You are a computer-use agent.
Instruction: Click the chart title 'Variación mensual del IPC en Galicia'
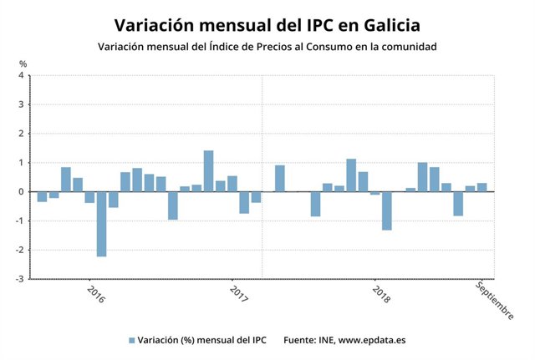267,23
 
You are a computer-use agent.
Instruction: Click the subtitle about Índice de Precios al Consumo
267,47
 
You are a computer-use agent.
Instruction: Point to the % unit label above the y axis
23,64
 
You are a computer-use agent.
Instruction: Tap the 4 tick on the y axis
22,76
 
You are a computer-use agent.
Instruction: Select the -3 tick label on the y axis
20,279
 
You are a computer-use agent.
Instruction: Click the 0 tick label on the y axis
22,192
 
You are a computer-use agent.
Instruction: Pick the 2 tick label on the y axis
22,134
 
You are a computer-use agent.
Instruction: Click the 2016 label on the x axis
96,295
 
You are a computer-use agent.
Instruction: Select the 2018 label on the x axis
380,295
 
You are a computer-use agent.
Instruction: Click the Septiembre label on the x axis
494,300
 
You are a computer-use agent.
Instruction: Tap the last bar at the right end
482,187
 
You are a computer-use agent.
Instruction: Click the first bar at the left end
42,196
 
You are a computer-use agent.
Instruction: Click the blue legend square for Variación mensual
132,341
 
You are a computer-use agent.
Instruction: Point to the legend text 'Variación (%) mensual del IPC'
202,341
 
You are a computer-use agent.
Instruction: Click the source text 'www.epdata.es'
372,341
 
